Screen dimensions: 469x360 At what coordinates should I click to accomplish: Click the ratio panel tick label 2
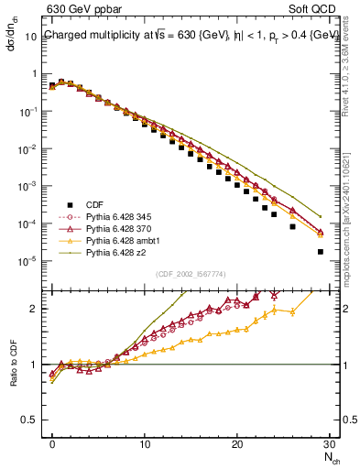pos(38,309)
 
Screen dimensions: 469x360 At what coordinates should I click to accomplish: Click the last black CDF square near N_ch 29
pos(320,251)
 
